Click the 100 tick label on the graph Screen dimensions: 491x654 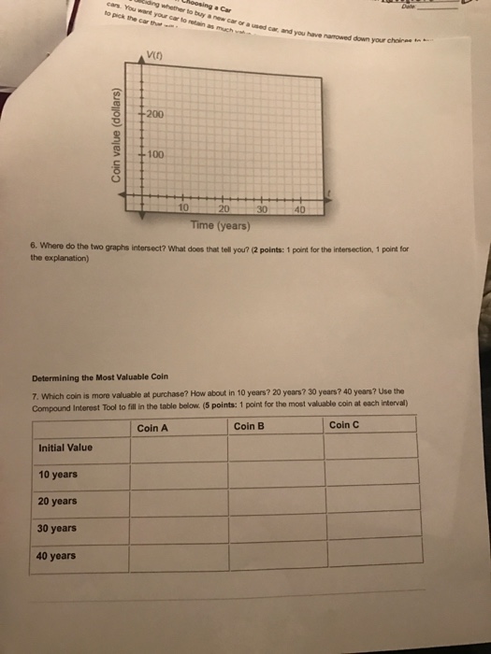tap(154, 152)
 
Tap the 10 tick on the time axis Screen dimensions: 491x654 tap(184, 208)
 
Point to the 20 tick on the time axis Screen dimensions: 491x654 tap(224, 208)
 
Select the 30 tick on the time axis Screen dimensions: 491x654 tap(264, 208)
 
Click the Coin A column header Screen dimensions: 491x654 tap(152, 427)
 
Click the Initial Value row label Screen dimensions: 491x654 tap(65, 448)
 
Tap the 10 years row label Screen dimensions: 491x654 tap(58, 475)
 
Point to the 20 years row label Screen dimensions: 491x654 tap(58, 502)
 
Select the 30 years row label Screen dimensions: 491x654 tap(58, 529)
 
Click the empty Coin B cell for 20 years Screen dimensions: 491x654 tap(276, 502)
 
